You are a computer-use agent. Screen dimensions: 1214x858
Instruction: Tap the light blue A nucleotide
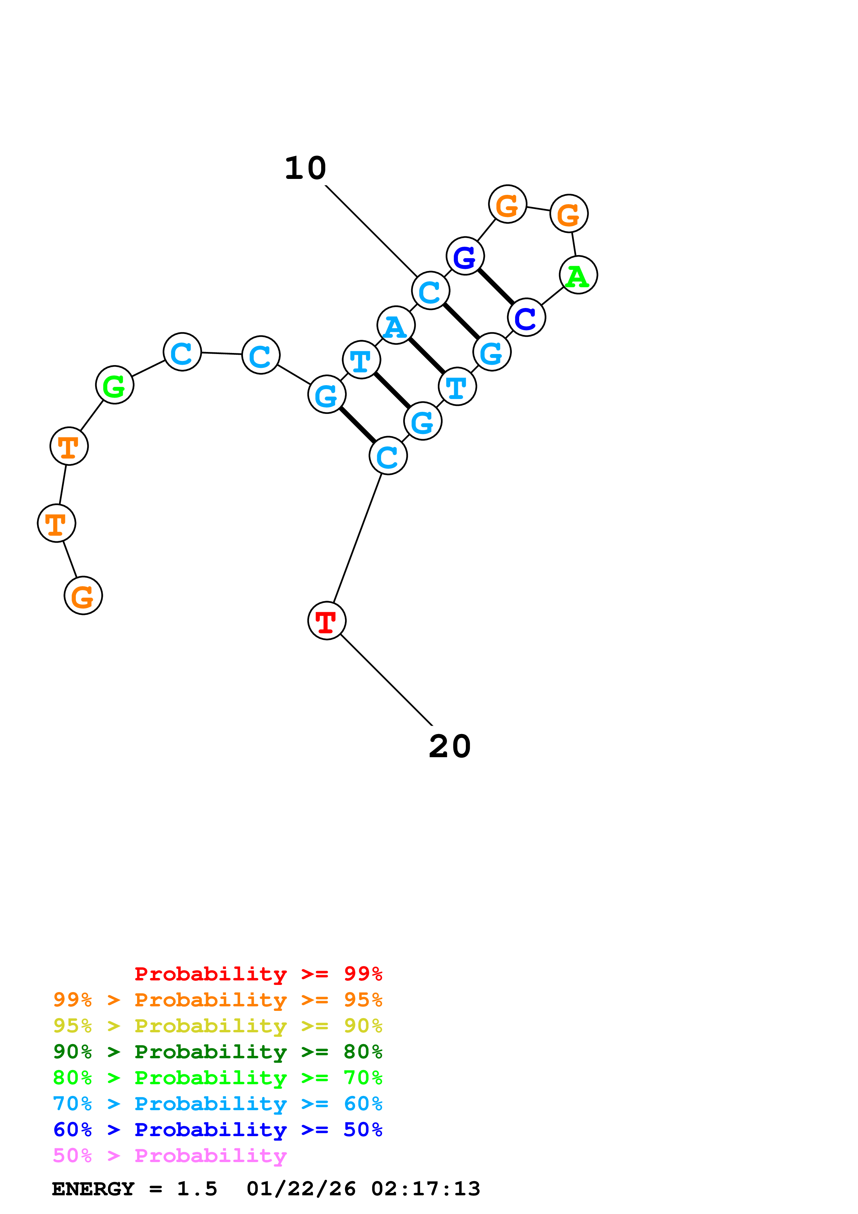click(x=396, y=325)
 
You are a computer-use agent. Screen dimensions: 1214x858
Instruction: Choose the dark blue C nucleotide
click(x=526, y=317)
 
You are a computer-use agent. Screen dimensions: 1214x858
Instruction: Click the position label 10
click(x=306, y=168)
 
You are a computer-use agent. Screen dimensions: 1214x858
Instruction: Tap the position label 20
click(x=449, y=746)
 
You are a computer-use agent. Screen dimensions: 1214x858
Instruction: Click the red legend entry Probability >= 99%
click(x=258, y=973)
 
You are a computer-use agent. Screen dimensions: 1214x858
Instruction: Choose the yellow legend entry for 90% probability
click(x=217, y=1026)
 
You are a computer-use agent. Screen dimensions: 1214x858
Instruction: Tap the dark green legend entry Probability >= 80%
click(x=217, y=1052)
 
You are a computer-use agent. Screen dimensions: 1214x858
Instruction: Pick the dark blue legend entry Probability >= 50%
click(x=217, y=1130)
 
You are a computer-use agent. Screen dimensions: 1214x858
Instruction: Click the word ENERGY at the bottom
click(x=93, y=1189)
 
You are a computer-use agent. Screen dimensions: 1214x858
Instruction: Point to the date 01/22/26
click(x=301, y=1189)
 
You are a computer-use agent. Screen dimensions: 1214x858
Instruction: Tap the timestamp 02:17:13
click(x=426, y=1189)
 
